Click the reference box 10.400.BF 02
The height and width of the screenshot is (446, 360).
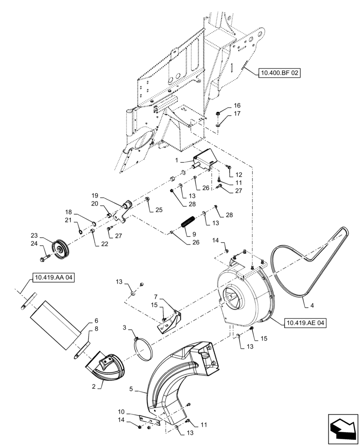(x=279, y=73)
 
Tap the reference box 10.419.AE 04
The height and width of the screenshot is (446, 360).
(x=304, y=322)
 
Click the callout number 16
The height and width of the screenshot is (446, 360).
(x=237, y=105)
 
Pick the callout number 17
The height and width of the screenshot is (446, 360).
(x=237, y=114)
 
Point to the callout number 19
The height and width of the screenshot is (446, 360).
(x=94, y=196)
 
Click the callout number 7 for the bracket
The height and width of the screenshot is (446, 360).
(x=156, y=297)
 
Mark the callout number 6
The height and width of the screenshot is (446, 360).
(x=96, y=320)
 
